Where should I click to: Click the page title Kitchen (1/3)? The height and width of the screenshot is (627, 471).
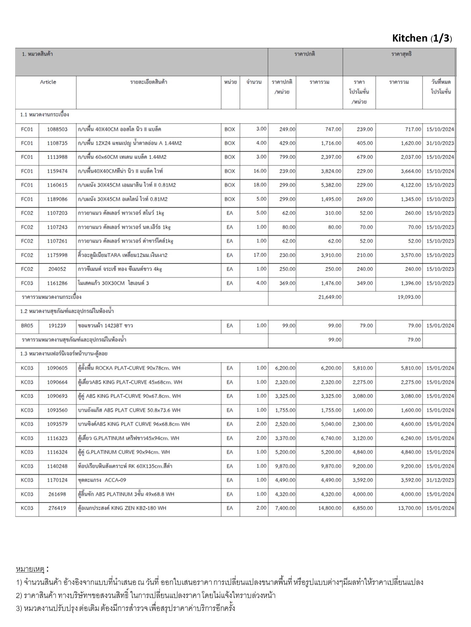coord(422,38)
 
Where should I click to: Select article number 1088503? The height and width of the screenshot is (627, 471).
coord(57,129)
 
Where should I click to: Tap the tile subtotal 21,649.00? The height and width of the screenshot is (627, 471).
coord(330,297)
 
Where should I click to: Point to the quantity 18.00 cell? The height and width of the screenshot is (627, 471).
coord(260,185)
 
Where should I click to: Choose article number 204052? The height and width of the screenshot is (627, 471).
coord(57,269)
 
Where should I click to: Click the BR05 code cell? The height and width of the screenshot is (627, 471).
coord(27,326)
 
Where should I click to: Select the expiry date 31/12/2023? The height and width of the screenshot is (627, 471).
coord(440,480)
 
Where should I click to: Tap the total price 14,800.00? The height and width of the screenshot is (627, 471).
coord(330,508)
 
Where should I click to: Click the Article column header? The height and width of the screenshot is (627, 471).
coord(48,82)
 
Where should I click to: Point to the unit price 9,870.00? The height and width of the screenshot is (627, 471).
coord(285,466)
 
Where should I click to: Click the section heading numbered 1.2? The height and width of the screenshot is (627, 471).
coord(67,311)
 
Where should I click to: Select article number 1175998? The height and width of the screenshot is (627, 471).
coord(57,255)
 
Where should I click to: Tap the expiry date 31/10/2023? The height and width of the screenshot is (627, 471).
coord(440,143)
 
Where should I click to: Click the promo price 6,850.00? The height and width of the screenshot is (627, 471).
coord(363,508)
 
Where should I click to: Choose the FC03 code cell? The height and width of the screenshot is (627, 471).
coord(27,283)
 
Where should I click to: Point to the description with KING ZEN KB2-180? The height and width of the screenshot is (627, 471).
coord(122,508)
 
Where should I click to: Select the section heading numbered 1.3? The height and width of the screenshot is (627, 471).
coord(64,354)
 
